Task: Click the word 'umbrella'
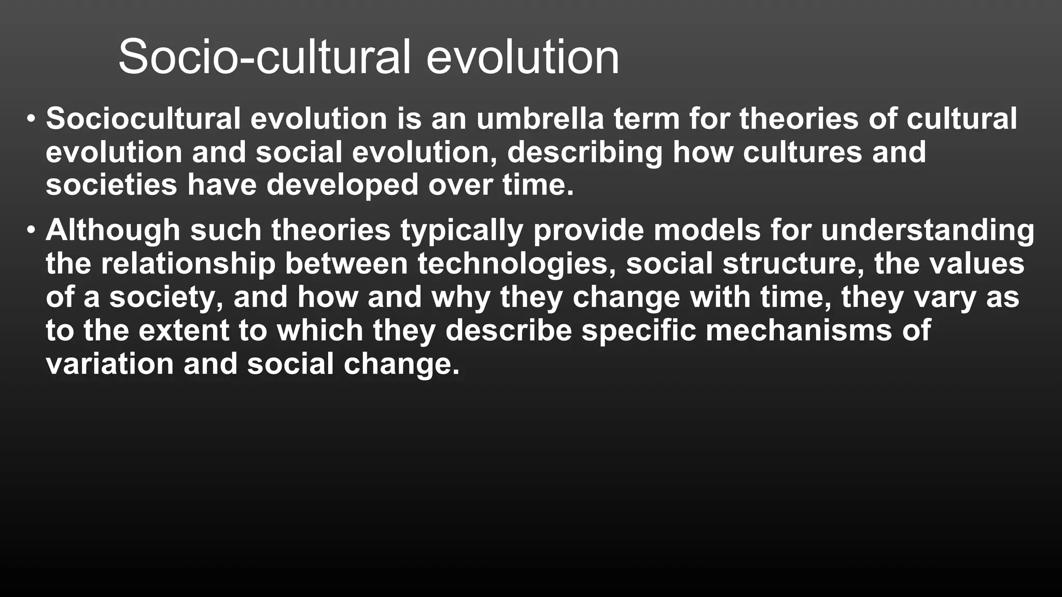tap(540, 118)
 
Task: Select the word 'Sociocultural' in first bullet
tap(143, 118)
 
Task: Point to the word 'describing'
tap(585, 152)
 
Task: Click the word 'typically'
tap(462, 231)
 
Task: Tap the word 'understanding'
tap(927, 230)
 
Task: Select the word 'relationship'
tap(187, 264)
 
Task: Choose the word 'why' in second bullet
tap(460, 297)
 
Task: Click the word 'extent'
tap(184, 331)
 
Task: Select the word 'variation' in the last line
tap(109, 364)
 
